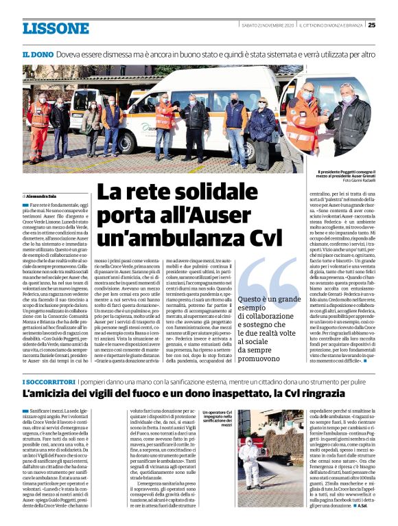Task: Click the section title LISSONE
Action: [56, 28]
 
